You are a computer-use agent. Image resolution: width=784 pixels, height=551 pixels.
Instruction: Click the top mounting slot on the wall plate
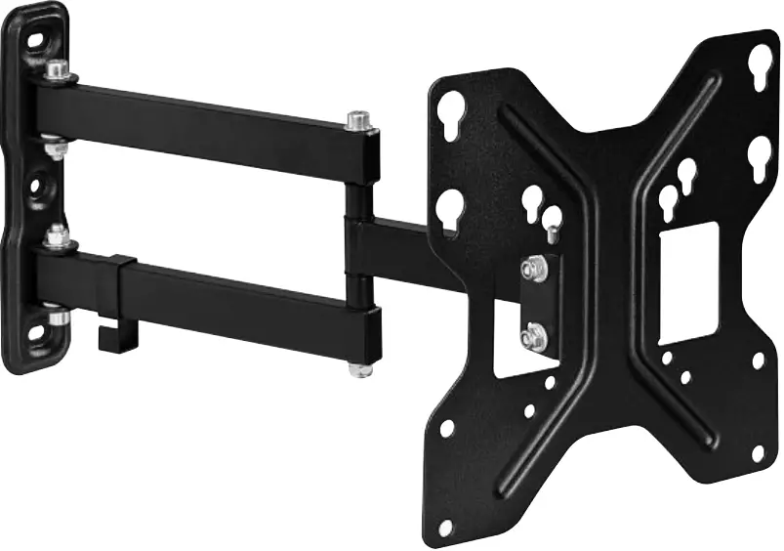tap(37, 43)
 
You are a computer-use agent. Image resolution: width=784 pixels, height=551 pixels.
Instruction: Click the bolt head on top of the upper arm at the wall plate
tap(57, 69)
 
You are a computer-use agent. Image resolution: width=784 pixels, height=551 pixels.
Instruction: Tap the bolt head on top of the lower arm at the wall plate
tap(58, 235)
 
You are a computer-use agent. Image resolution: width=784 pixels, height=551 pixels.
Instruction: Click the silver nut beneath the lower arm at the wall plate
tap(58, 316)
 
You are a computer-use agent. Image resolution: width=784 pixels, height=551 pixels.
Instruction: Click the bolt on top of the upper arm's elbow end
tap(360, 123)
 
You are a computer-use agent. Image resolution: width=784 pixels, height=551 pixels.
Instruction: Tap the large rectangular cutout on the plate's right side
tap(688, 283)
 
